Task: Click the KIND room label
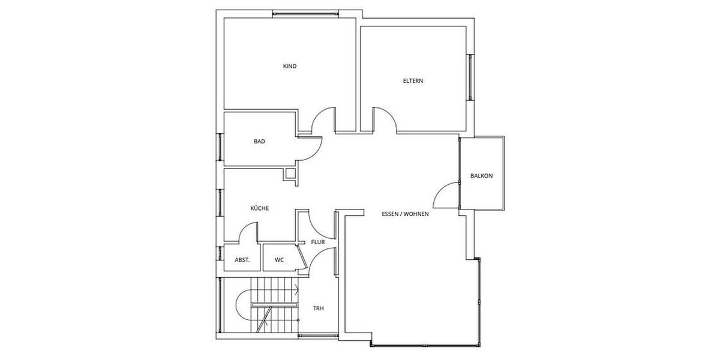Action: [x=290, y=66]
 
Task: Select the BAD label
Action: [x=259, y=142]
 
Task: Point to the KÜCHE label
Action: [x=259, y=208]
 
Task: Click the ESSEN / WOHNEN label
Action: [x=405, y=214]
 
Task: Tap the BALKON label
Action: [x=481, y=176]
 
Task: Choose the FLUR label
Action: [x=317, y=242]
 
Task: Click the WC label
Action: [x=279, y=260]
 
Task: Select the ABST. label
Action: [x=242, y=260]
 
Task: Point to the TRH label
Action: [x=318, y=308]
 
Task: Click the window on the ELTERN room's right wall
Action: [x=470, y=77]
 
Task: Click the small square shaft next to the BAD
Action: [x=290, y=175]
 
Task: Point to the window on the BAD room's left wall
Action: [x=220, y=144]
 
